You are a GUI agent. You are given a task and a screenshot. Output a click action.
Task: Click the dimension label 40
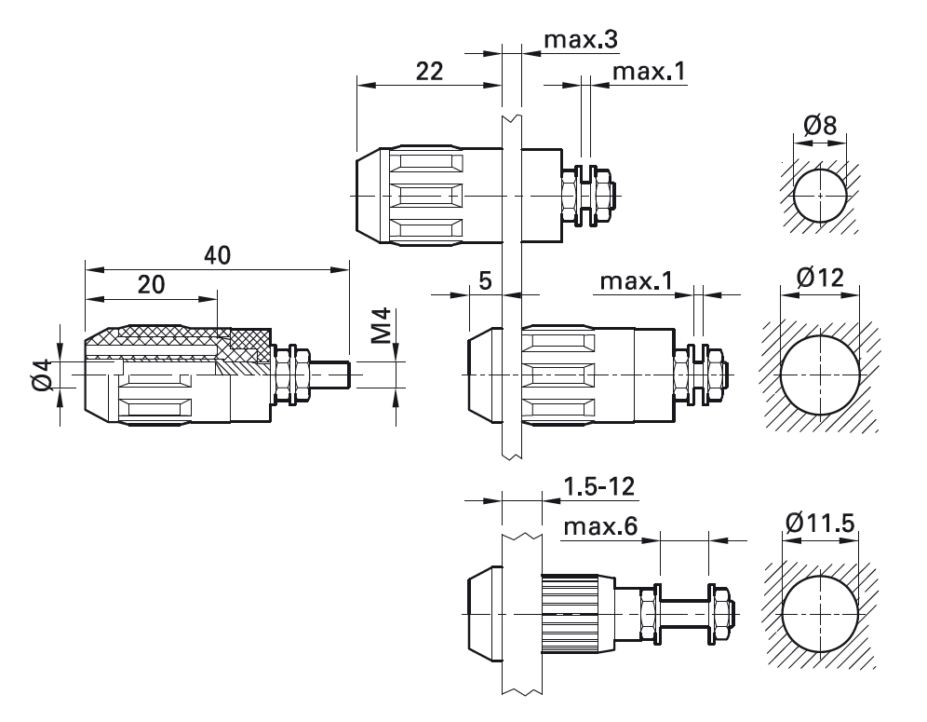pyautogui.click(x=217, y=255)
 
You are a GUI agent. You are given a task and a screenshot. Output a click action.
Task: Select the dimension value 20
pyautogui.click(x=151, y=285)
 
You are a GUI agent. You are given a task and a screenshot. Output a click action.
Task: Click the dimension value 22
pyautogui.click(x=429, y=71)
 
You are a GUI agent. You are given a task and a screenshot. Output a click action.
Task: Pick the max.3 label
pyautogui.click(x=581, y=40)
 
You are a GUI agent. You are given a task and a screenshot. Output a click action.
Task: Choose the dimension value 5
pyautogui.click(x=485, y=280)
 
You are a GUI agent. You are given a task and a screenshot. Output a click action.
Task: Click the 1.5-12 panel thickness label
pyautogui.click(x=598, y=486)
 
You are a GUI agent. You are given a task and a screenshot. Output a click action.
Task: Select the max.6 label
pyautogui.click(x=600, y=526)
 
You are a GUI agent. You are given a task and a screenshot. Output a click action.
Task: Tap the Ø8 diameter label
pyautogui.click(x=820, y=126)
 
